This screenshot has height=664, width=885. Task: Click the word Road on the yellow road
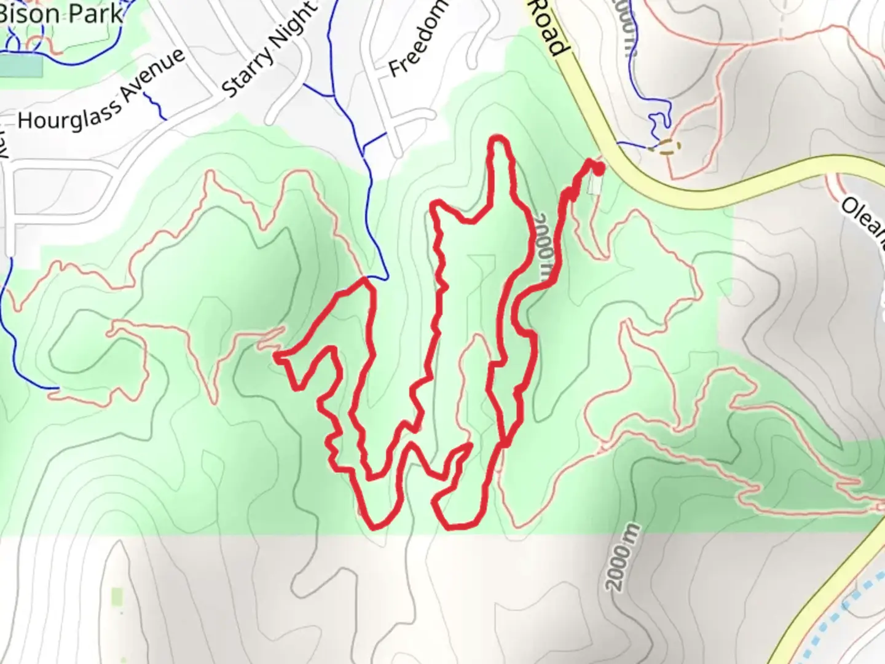(x=547, y=28)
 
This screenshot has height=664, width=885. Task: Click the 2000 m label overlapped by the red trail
(x=545, y=249)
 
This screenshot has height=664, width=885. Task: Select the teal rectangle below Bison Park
(x=21, y=66)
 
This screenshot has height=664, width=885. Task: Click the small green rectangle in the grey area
(x=117, y=595)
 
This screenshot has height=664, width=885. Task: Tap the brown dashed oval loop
(x=667, y=148)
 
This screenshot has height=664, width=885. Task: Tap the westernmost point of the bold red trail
(x=275, y=356)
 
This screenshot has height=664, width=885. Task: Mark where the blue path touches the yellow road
(x=617, y=144)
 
